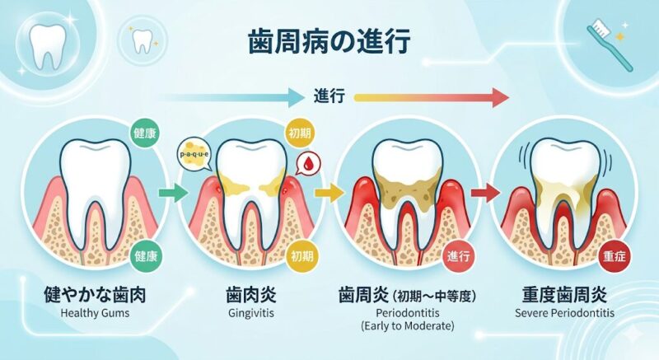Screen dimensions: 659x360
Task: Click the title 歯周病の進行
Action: [329, 42]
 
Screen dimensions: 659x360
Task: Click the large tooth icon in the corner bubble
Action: [47, 47]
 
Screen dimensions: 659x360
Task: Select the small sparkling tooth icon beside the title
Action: [143, 40]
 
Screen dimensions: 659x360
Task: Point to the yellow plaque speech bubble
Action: [194, 155]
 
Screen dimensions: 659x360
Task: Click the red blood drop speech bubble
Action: [308, 164]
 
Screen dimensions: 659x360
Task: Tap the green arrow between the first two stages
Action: [173, 194]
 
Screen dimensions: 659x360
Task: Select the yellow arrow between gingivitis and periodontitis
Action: [329, 194]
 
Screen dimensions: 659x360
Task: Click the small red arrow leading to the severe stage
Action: [485, 194]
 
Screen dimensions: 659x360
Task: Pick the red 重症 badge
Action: [615, 256]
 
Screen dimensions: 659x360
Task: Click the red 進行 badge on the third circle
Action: [459, 256]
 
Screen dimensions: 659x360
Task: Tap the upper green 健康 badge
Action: [145, 133]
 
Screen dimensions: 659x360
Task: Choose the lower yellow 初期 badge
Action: [302, 256]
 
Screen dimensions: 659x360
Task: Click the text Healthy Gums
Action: [95, 313]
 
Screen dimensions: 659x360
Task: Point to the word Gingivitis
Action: [251, 313]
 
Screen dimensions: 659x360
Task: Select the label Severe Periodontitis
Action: [564, 313]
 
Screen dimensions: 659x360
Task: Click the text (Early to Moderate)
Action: [407, 326]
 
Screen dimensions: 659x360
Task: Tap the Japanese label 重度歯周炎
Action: [564, 294]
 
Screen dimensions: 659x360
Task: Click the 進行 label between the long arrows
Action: [329, 96]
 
